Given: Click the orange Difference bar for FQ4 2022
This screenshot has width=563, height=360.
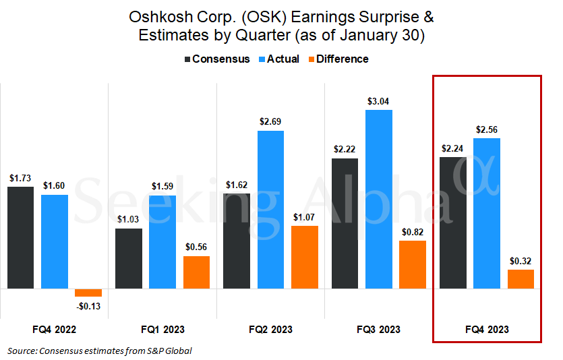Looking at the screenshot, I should (88, 293).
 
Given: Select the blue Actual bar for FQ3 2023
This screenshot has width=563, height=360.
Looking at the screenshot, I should (379, 199).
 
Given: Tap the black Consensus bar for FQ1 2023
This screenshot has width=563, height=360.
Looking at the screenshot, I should (129, 259).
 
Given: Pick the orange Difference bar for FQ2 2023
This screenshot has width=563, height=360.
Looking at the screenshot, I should (305, 257).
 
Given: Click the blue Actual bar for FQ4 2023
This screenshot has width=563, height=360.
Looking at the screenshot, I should (487, 213).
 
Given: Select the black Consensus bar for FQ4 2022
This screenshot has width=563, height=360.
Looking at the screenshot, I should (20, 237).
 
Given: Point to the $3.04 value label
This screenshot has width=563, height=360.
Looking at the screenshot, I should (379, 102).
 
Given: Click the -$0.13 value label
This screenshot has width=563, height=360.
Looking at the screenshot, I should (88, 306).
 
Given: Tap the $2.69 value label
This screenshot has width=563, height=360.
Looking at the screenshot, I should (271, 122).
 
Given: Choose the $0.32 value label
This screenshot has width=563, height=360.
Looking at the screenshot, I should (521, 261).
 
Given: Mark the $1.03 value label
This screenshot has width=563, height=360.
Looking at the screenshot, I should (129, 219).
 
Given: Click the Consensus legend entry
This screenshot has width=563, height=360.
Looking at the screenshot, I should (216, 59).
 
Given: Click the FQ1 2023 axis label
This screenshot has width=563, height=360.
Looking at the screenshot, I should (162, 330).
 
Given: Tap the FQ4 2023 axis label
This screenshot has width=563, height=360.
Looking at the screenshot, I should (487, 330).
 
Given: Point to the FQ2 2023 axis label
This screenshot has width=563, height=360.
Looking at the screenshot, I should (271, 330).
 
